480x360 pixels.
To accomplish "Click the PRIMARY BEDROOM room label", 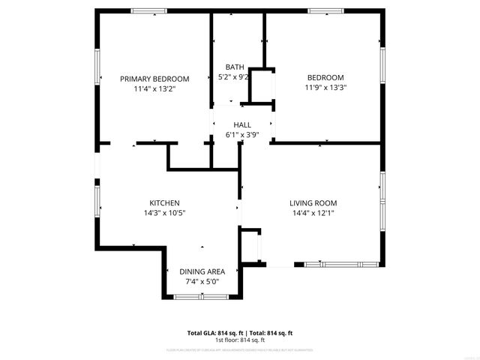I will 154,79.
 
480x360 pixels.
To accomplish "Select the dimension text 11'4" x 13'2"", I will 154,88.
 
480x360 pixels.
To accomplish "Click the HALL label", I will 242,125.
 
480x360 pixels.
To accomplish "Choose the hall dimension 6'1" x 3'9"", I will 242,135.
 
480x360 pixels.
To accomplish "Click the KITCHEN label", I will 164,203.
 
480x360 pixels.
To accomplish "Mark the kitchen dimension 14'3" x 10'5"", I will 164,213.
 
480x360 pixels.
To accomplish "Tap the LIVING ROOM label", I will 313,203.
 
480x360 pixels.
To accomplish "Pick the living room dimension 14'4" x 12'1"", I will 313,213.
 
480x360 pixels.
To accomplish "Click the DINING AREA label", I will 202,271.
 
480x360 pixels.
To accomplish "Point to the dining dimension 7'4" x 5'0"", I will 202,281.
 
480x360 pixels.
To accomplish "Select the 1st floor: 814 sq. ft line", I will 240,340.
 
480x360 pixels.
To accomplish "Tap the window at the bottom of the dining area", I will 201,298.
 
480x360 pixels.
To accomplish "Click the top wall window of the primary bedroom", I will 149,10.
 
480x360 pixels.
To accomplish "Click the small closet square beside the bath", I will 261,87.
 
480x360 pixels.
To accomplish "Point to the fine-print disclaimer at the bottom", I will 240,349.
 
